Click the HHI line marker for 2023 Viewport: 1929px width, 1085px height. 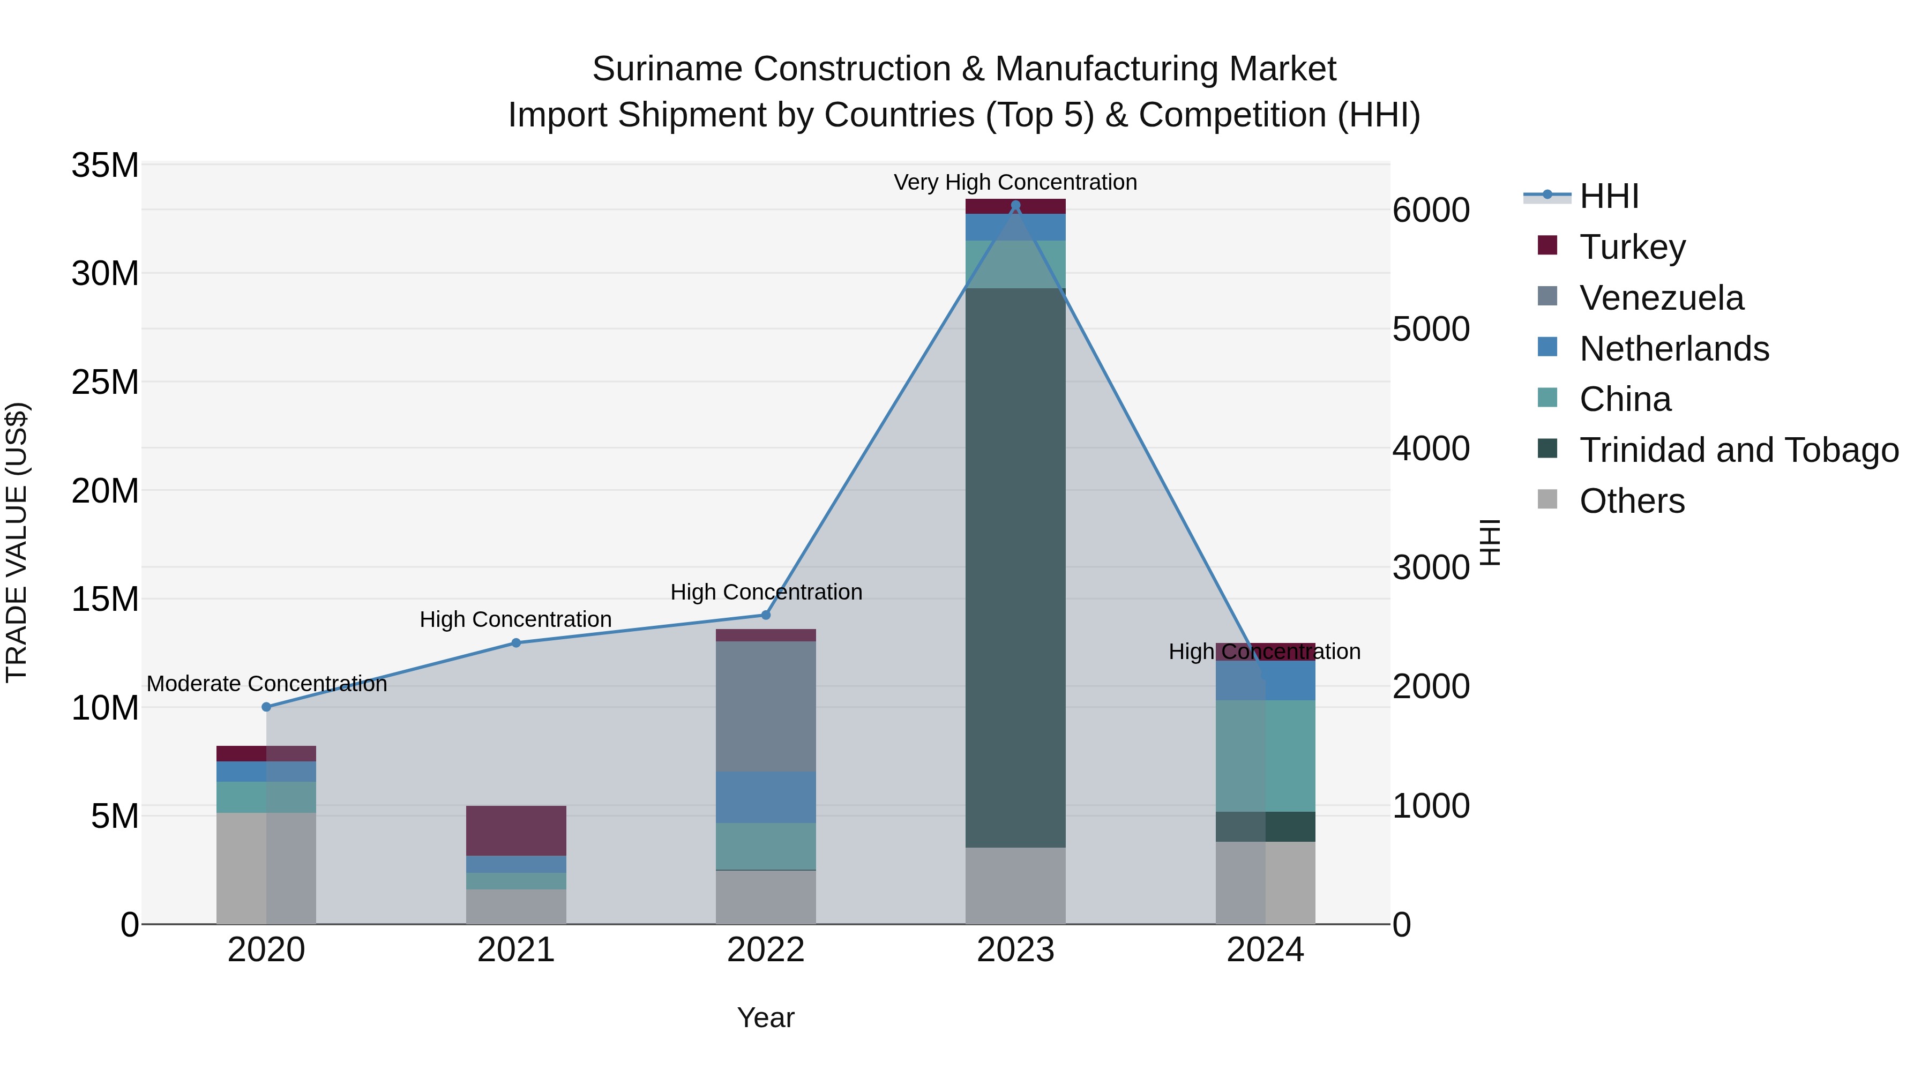point(1015,205)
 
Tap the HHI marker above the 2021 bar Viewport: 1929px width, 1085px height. point(516,642)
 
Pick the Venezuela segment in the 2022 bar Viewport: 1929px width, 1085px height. point(765,706)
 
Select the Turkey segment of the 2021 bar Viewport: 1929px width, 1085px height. point(516,830)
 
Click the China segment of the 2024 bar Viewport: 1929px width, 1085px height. point(1266,755)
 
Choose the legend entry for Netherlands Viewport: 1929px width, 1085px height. point(1673,349)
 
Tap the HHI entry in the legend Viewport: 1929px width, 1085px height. point(1609,196)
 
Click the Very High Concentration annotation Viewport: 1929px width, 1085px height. point(1015,182)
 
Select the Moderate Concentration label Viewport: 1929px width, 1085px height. point(267,684)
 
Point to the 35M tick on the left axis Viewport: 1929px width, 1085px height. point(105,164)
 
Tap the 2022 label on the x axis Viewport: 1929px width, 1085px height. point(765,950)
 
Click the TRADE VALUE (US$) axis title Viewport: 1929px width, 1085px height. point(17,542)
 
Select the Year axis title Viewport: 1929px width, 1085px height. point(765,1017)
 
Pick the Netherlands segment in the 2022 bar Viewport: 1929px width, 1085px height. point(765,797)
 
